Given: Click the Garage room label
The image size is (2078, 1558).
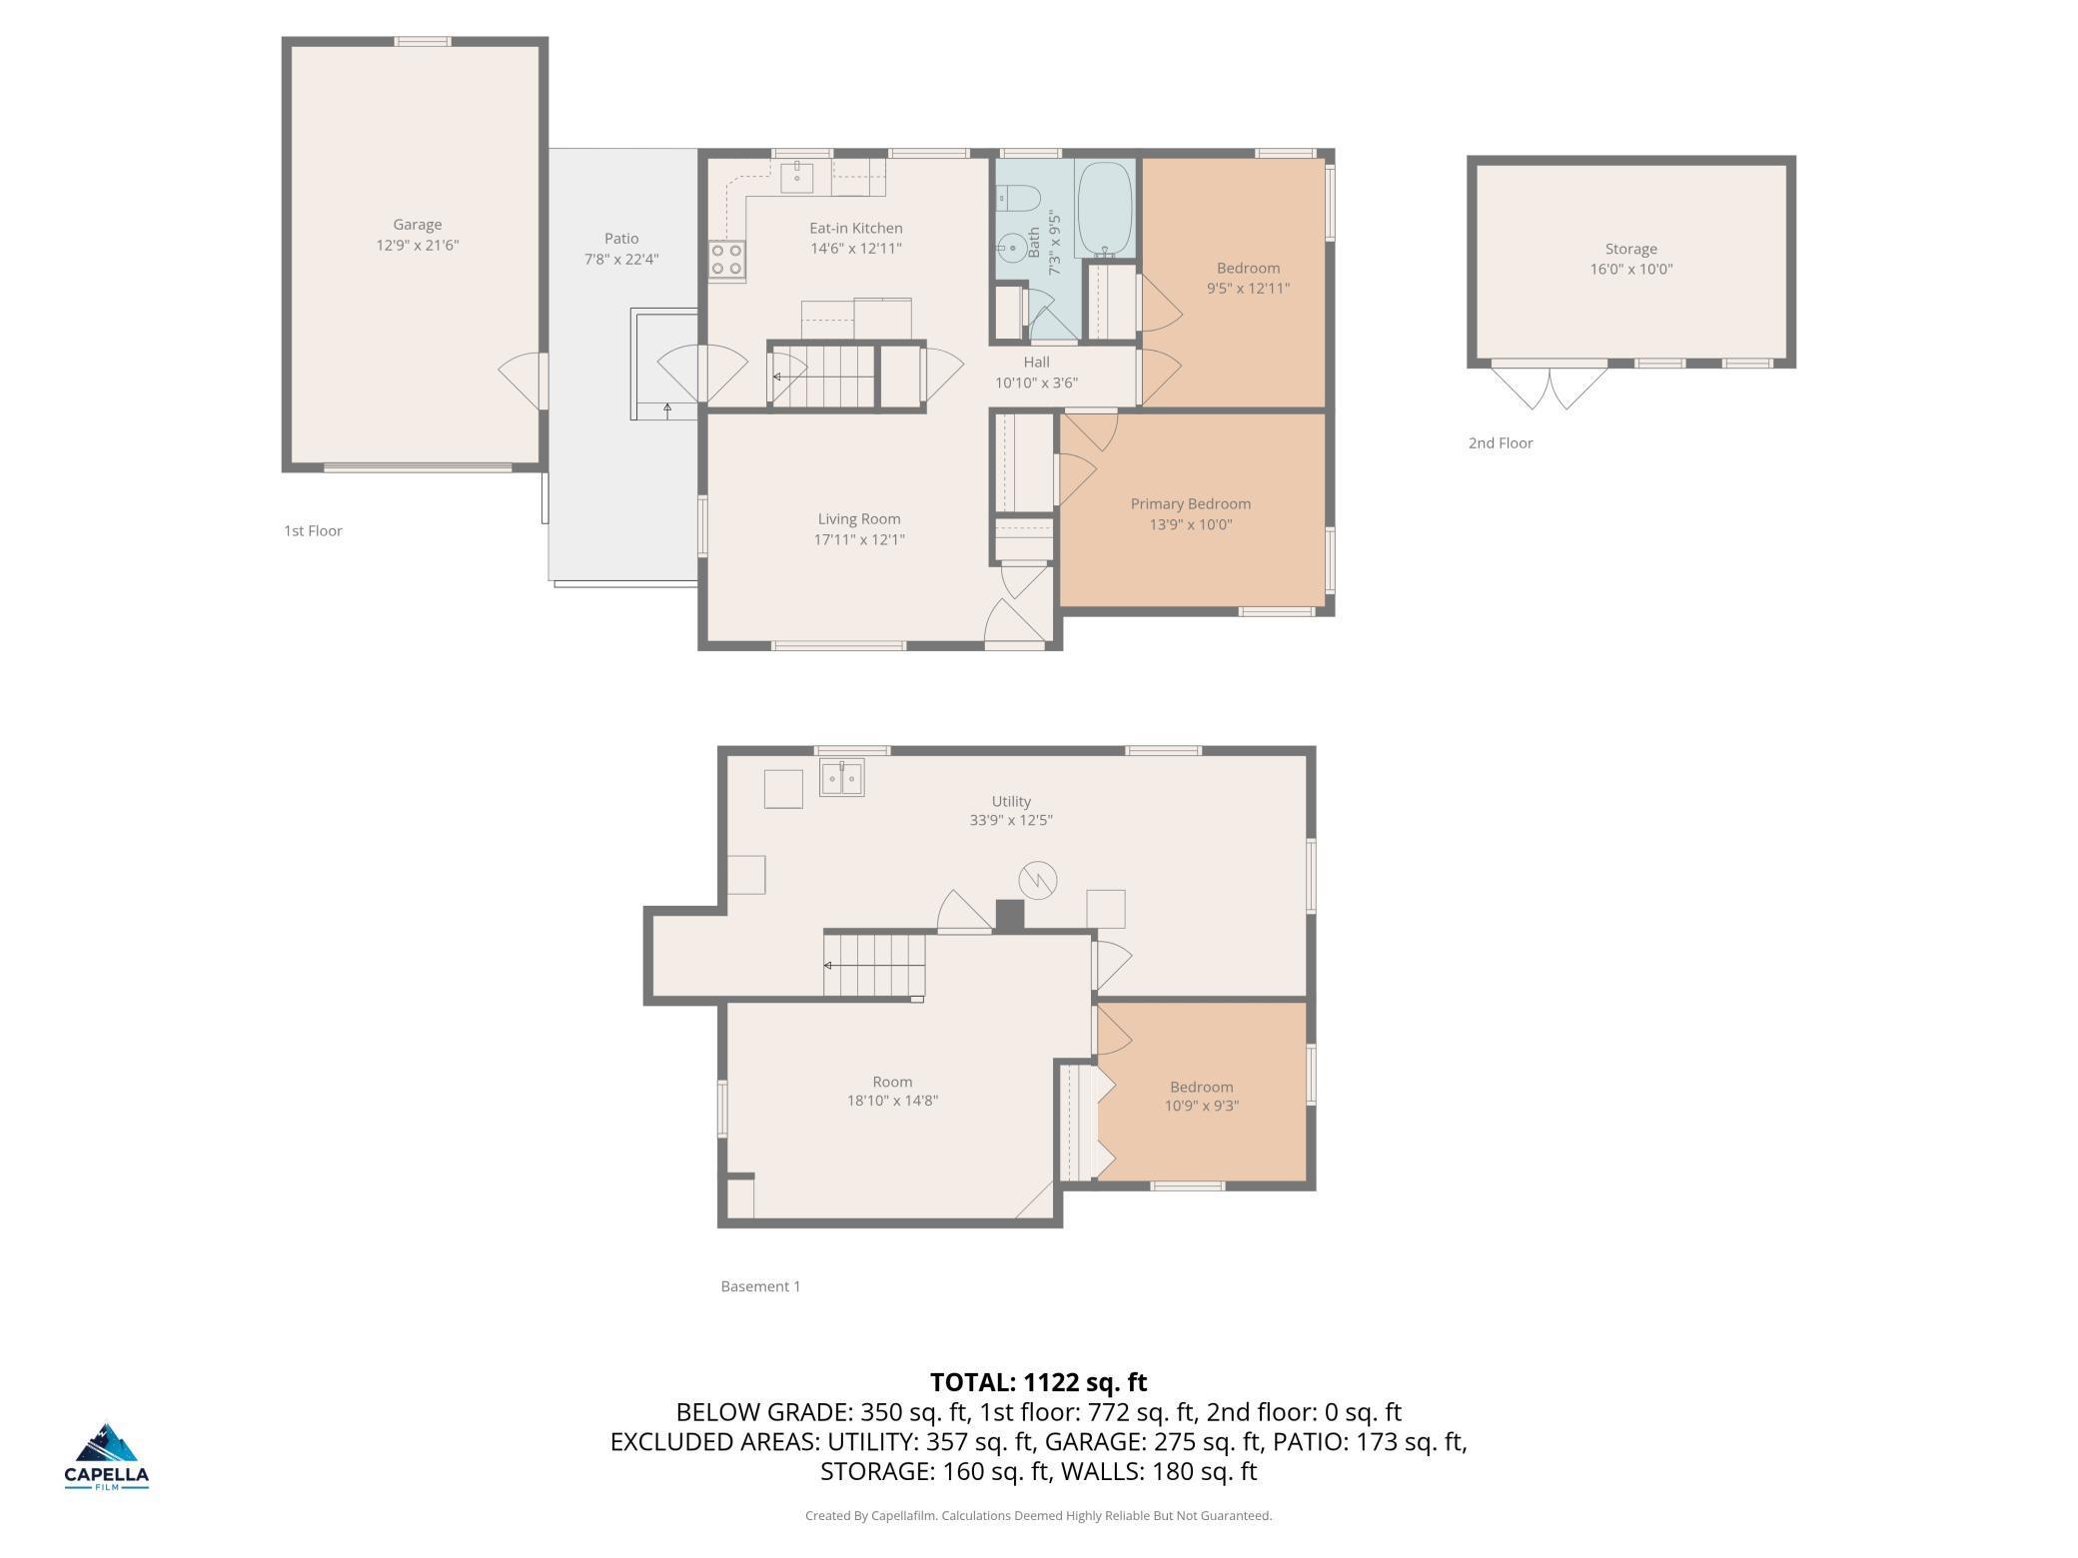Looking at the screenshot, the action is (x=417, y=225).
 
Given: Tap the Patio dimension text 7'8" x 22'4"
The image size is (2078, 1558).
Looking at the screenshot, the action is (x=621, y=260).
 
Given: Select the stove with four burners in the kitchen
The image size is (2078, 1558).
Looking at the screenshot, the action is (x=726, y=260).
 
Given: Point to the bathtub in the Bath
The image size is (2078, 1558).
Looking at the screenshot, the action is (x=1104, y=210).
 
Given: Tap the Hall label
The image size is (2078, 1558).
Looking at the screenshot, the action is (x=1036, y=363).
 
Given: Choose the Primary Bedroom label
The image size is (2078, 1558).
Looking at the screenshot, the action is (x=1190, y=504).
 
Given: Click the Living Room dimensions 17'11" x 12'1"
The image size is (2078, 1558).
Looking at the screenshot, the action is (x=859, y=540).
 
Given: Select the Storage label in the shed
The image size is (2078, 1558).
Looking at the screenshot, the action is (x=1630, y=249).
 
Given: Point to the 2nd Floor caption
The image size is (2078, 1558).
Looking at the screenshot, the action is (x=1500, y=443).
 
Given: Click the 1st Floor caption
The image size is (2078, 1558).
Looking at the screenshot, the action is (x=313, y=531).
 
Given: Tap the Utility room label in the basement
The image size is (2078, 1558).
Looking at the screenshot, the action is (x=1011, y=801).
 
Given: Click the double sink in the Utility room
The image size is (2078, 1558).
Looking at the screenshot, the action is (x=842, y=777).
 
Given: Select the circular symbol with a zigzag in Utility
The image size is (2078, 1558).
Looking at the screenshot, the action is (x=1038, y=880).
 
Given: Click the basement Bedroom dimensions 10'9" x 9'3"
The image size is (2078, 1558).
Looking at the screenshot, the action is (x=1202, y=1106).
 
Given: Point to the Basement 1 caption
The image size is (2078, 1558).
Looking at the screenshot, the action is (x=760, y=1286).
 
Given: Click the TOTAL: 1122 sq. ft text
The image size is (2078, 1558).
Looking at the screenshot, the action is (x=1039, y=1382).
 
